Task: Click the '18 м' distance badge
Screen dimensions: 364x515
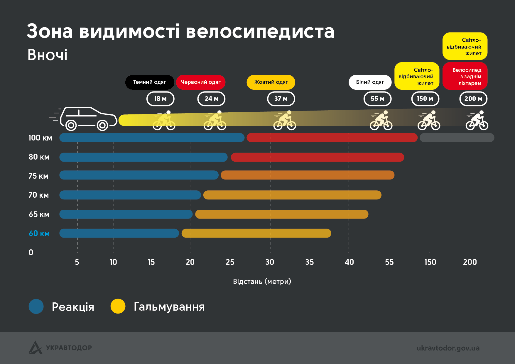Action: tap(160, 99)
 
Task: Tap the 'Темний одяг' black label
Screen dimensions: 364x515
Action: tap(150, 82)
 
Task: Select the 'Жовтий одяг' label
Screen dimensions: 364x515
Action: tap(271, 82)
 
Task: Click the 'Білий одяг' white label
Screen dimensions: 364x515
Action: tap(370, 82)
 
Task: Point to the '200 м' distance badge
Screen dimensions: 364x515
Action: tap(473, 99)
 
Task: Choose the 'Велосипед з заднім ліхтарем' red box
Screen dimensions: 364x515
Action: tap(465, 76)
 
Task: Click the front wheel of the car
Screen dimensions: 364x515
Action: tap(102, 126)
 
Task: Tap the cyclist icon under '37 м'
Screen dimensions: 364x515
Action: tap(285, 121)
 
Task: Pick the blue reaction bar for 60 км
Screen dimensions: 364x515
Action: tap(119, 233)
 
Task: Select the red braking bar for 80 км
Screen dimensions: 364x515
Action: tap(317, 157)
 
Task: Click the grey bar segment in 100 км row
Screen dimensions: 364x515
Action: tap(457, 138)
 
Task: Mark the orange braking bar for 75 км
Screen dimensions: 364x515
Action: tap(307, 175)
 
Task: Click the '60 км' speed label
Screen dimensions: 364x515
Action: tap(39, 233)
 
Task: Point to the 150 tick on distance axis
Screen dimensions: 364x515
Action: tap(430, 262)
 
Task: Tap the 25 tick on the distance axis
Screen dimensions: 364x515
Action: tap(230, 262)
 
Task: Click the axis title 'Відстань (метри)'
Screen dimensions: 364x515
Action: tap(262, 282)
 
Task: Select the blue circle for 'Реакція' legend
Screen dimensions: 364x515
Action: tap(36, 307)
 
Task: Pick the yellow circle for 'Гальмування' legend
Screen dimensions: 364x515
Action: tap(118, 307)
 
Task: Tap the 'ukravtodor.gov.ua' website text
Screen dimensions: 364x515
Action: tap(448, 348)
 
